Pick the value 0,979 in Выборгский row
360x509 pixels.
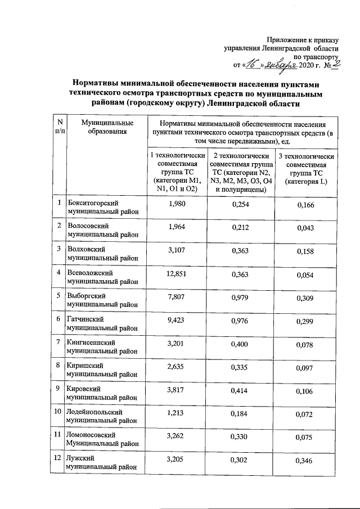coord(240,297)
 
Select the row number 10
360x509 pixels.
coord(58,412)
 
